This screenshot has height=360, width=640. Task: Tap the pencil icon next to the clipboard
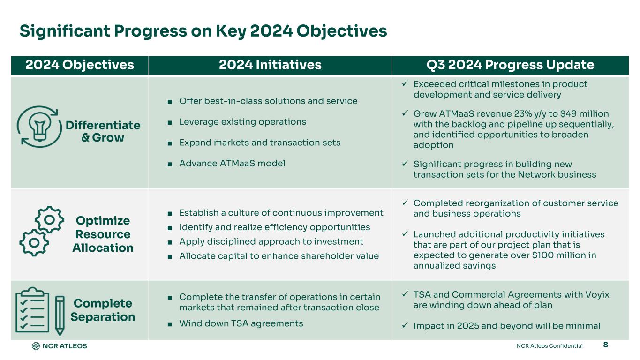(x=60, y=315)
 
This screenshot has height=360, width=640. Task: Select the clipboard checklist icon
(x=32, y=309)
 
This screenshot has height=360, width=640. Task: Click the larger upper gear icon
(x=50, y=219)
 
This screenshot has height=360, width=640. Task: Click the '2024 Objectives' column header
(x=80, y=65)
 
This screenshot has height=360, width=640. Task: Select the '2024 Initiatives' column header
(x=270, y=65)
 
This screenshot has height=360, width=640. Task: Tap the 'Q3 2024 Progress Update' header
(x=510, y=65)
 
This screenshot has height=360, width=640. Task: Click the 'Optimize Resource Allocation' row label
(x=103, y=234)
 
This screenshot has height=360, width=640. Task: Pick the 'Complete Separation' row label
(x=103, y=310)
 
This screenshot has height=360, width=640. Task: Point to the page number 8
(x=605, y=345)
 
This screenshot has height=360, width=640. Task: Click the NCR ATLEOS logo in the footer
(x=60, y=346)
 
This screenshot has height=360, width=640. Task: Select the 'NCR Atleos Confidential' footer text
(x=549, y=346)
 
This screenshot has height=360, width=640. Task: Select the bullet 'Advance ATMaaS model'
(x=232, y=163)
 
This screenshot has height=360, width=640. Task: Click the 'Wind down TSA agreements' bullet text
(x=241, y=323)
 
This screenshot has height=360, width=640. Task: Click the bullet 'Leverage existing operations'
(x=242, y=122)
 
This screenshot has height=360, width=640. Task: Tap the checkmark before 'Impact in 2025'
(x=405, y=325)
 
